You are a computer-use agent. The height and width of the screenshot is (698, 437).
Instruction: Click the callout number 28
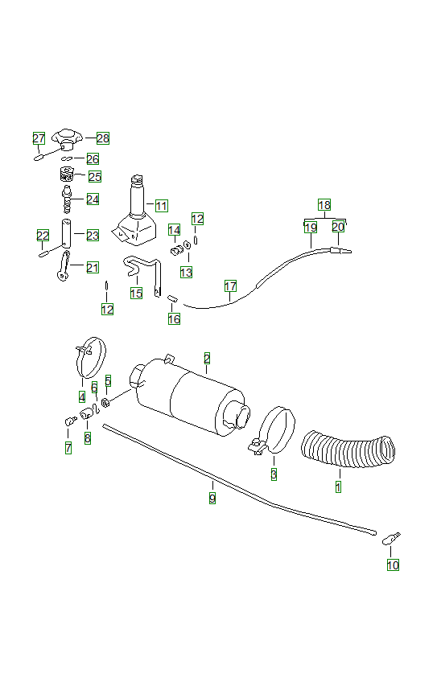[102, 138]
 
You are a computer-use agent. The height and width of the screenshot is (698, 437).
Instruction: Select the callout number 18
[324, 205]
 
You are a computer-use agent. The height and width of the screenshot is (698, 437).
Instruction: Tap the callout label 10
[392, 565]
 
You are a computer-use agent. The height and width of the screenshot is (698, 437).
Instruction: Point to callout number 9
[212, 498]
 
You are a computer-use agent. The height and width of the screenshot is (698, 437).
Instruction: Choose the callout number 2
[207, 358]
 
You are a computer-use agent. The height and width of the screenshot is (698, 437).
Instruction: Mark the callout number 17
[230, 286]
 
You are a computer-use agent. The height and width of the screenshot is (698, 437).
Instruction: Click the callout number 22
[43, 235]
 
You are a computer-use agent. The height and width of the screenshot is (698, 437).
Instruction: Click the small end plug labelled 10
[392, 536]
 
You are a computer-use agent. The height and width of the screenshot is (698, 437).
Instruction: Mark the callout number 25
[94, 176]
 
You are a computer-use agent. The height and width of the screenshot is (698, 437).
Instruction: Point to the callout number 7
[68, 448]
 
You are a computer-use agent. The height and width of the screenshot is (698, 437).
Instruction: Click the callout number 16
[174, 318]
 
